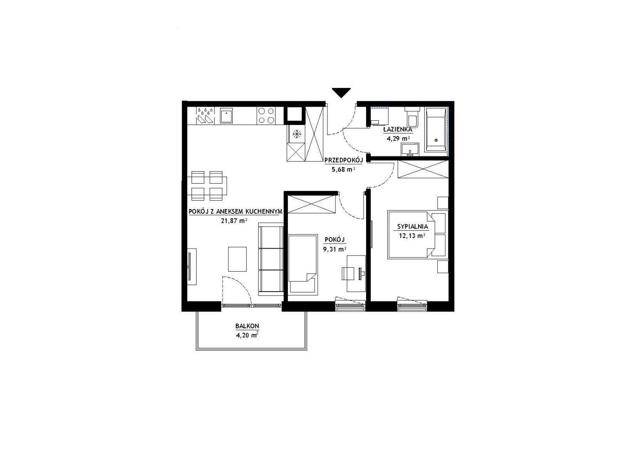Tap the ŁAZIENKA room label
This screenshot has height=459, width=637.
click(x=397, y=130)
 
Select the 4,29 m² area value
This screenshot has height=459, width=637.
click(x=398, y=139)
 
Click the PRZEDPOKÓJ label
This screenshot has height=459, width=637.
click(x=344, y=161)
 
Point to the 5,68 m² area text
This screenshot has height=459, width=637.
click(x=343, y=170)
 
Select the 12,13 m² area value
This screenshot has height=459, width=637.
click(x=412, y=236)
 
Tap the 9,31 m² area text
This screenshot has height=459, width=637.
click(x=335, y=249)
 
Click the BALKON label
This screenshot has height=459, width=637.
click(x=247, y=326)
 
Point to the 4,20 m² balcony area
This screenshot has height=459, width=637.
click(x=247, y=335)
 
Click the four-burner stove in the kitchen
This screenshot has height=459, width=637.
click(x=266, y=116)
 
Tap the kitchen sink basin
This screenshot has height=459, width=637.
click(x=226, y=116)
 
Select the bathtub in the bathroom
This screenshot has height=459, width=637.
click(x=435, y=129)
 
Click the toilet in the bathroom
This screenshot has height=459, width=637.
click(x=412, y=117)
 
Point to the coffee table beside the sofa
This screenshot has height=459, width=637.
click(x=237, y=259)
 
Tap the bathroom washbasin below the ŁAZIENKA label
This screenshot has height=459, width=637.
click(x=410, y=150)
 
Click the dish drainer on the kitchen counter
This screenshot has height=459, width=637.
click(x=205, y=116)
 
